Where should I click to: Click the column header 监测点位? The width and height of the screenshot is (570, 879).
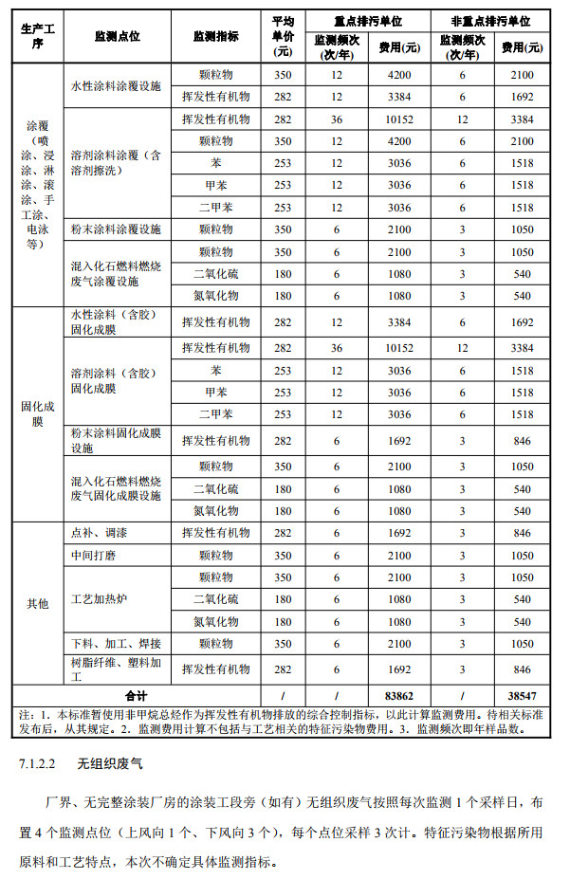[x=118, y=36]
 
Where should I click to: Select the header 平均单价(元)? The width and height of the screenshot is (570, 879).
[x=283, y=35]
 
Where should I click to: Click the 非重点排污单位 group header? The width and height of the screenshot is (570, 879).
[x=491, y=20]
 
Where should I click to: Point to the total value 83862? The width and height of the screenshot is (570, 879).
[x=399, y=695]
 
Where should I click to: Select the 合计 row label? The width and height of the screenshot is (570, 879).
[x=136, y=695]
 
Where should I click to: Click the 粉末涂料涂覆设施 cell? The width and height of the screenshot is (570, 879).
[x=117, y=229]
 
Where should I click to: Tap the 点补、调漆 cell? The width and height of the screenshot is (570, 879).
[x=96, y=533]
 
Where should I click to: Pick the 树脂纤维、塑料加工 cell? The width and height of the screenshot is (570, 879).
[x=117, y=669]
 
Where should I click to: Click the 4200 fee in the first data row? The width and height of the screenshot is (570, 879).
[x=399, y=75]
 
